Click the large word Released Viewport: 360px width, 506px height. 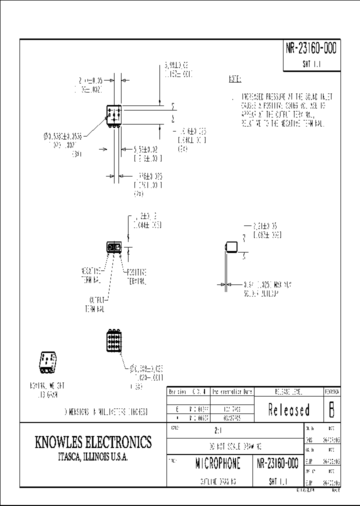tap(288, 410)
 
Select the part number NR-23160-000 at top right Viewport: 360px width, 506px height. tap(310, 48)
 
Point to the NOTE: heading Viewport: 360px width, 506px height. tap(234, 79)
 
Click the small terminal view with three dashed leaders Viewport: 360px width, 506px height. tap(114, 247)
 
